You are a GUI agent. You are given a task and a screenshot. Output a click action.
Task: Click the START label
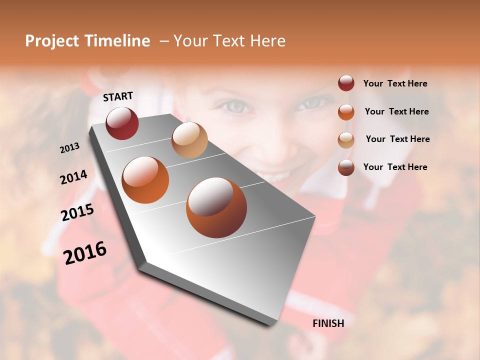118,96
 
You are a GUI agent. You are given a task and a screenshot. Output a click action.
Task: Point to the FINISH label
328,323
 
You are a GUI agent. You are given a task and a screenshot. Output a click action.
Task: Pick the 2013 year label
69,148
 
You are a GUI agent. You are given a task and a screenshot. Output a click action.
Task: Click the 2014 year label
73,177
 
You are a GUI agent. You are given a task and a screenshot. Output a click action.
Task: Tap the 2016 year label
85,252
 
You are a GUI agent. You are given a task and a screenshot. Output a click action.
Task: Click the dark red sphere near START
122,123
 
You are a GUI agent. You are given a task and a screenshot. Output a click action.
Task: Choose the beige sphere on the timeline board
189,140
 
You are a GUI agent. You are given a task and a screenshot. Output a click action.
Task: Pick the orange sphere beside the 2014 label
145,180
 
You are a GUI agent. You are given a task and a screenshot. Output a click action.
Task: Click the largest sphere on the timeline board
216,207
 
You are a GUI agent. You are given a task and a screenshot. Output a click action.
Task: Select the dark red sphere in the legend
346,83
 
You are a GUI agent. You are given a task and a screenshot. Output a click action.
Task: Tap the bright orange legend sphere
346,111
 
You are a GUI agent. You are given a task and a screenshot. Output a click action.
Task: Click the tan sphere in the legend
346,139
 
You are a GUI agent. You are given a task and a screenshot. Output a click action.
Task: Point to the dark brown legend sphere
346,167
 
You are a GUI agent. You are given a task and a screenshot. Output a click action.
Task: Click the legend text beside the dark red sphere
395,83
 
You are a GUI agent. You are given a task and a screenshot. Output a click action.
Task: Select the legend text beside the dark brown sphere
395,167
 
